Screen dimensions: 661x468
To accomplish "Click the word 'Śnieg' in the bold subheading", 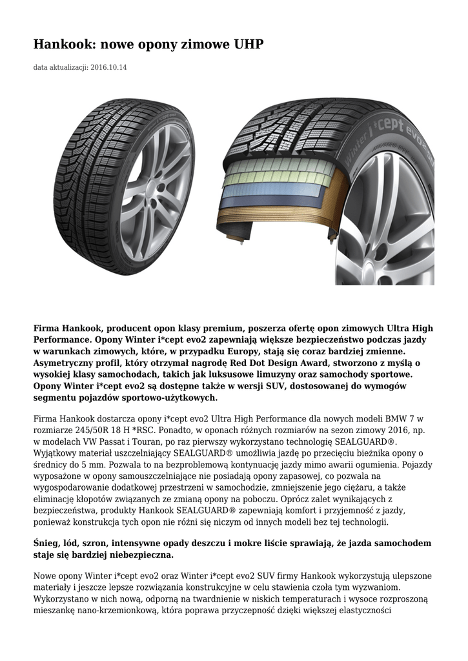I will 47,543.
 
